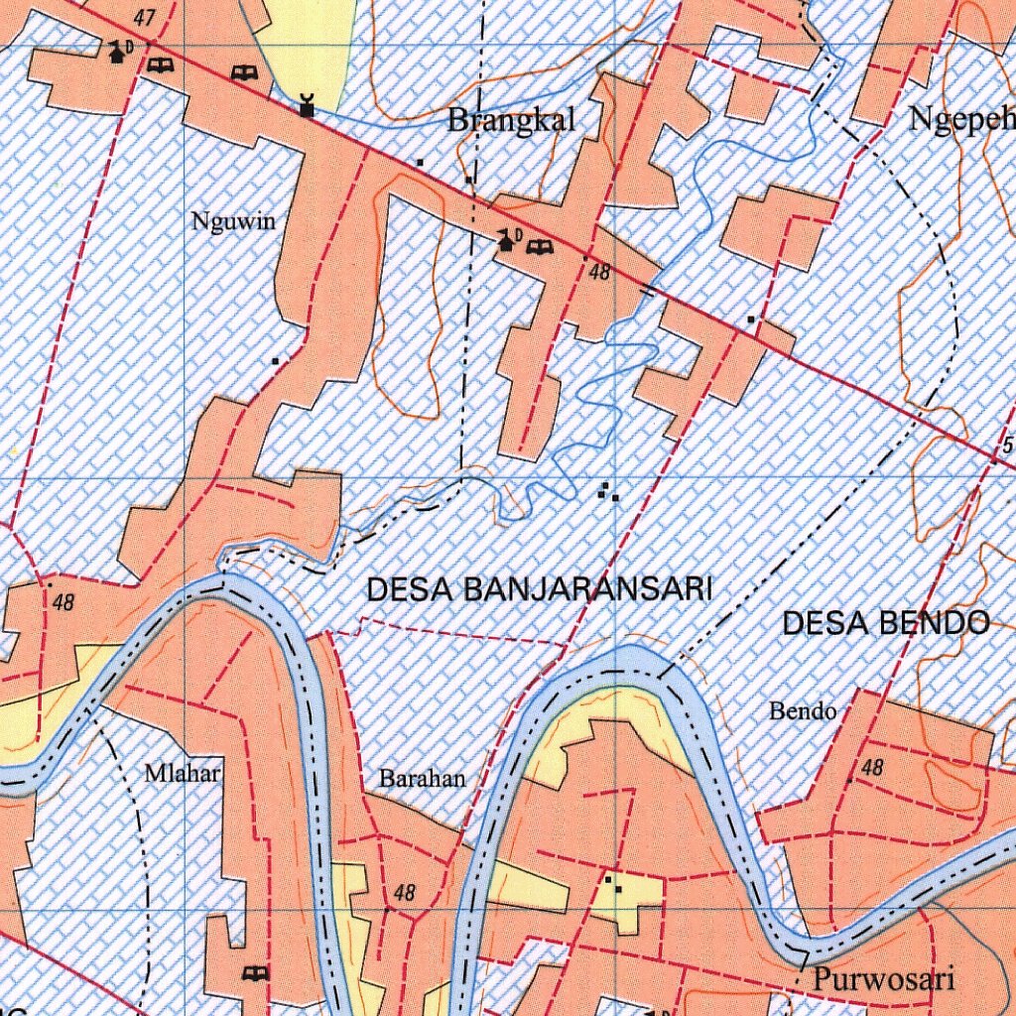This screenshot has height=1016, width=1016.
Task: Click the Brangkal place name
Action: coord(511,121)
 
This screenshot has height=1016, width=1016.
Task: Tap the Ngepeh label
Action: coord(961,120)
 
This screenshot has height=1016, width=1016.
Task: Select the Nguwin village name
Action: coord(233,221)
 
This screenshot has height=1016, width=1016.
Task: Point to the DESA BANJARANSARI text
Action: coord(540,589)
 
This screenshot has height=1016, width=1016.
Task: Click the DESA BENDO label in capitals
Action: coord(885,623)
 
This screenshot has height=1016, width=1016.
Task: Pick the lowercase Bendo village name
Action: coord(803,711)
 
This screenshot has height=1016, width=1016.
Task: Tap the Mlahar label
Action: coord(183,773)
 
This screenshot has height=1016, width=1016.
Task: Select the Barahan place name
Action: coord(422,779)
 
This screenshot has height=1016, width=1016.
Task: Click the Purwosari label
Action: coord(884,979)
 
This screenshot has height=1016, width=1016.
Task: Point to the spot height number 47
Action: coord(147,19)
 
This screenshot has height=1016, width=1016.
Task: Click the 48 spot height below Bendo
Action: coord(872,768)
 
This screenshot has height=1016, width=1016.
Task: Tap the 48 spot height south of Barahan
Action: coord(404,893)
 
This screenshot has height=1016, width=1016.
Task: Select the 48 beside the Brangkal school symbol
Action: coord(598,270)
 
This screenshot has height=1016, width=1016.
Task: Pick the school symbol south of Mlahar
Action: coord(256,972)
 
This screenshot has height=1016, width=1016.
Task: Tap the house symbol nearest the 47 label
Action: coord(118,53)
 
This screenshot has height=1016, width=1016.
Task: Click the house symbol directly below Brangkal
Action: coord(507,239)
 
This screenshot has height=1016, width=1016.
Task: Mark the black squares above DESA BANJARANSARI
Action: coord(608,491)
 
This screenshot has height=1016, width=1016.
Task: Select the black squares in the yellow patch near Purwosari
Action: coord(612,884)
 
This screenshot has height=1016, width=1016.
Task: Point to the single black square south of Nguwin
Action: coord(275,361)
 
